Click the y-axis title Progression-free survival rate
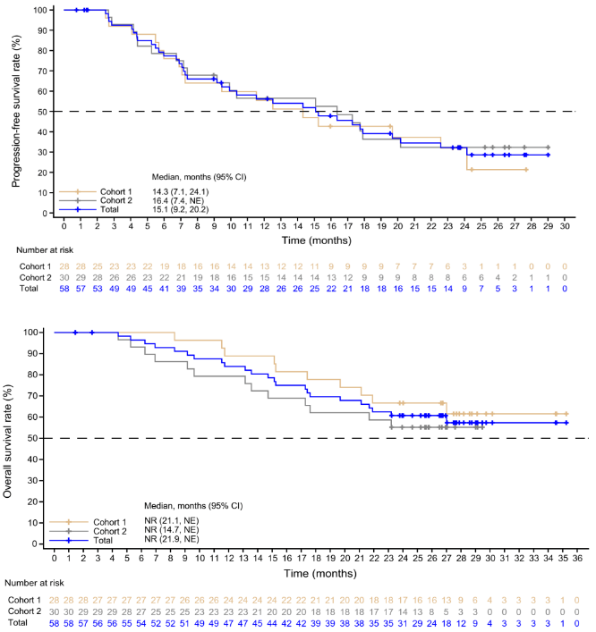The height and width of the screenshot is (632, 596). pos(15,112)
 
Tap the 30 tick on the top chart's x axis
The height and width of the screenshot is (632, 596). pos(564,226)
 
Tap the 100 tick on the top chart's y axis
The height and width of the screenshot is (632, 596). pos(40,11)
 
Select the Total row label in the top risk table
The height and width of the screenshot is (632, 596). pos(30,289)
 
